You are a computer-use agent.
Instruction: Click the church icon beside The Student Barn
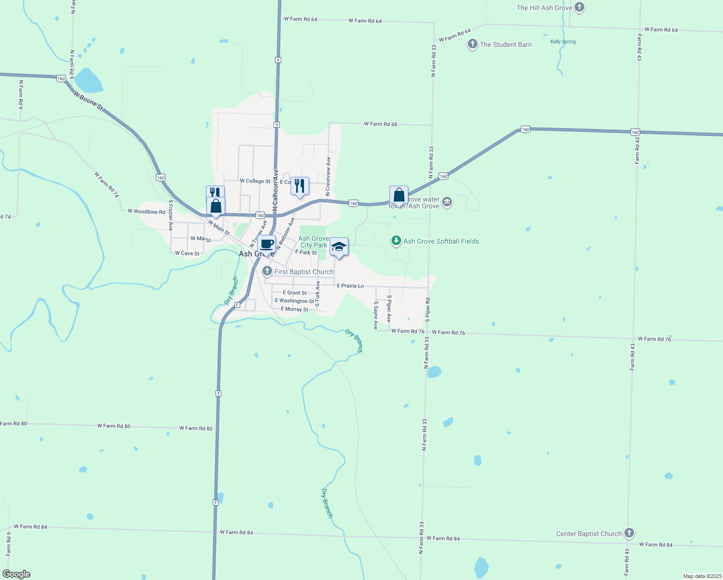point(472,44)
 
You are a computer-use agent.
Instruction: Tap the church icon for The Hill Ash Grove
point(580,8)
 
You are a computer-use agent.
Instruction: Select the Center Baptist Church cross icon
point(629,534)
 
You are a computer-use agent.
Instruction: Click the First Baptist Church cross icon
point(267,272)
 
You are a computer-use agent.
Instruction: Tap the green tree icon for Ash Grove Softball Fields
point(396,241)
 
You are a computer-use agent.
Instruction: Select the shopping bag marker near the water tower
point(399,195)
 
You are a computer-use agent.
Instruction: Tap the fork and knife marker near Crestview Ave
point(300,186)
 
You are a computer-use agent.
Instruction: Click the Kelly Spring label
point(563,42)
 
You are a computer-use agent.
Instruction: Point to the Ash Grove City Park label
point(313,242)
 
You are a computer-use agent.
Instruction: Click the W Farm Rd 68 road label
point(380,124)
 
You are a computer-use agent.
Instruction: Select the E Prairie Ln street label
point(350,286)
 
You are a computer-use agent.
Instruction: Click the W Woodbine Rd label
point(146,211)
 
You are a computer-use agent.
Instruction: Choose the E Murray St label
point(294,309)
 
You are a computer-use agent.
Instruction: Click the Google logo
point(16,574)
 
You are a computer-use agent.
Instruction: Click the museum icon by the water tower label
point(447,202)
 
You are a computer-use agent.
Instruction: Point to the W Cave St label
point(187,253)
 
